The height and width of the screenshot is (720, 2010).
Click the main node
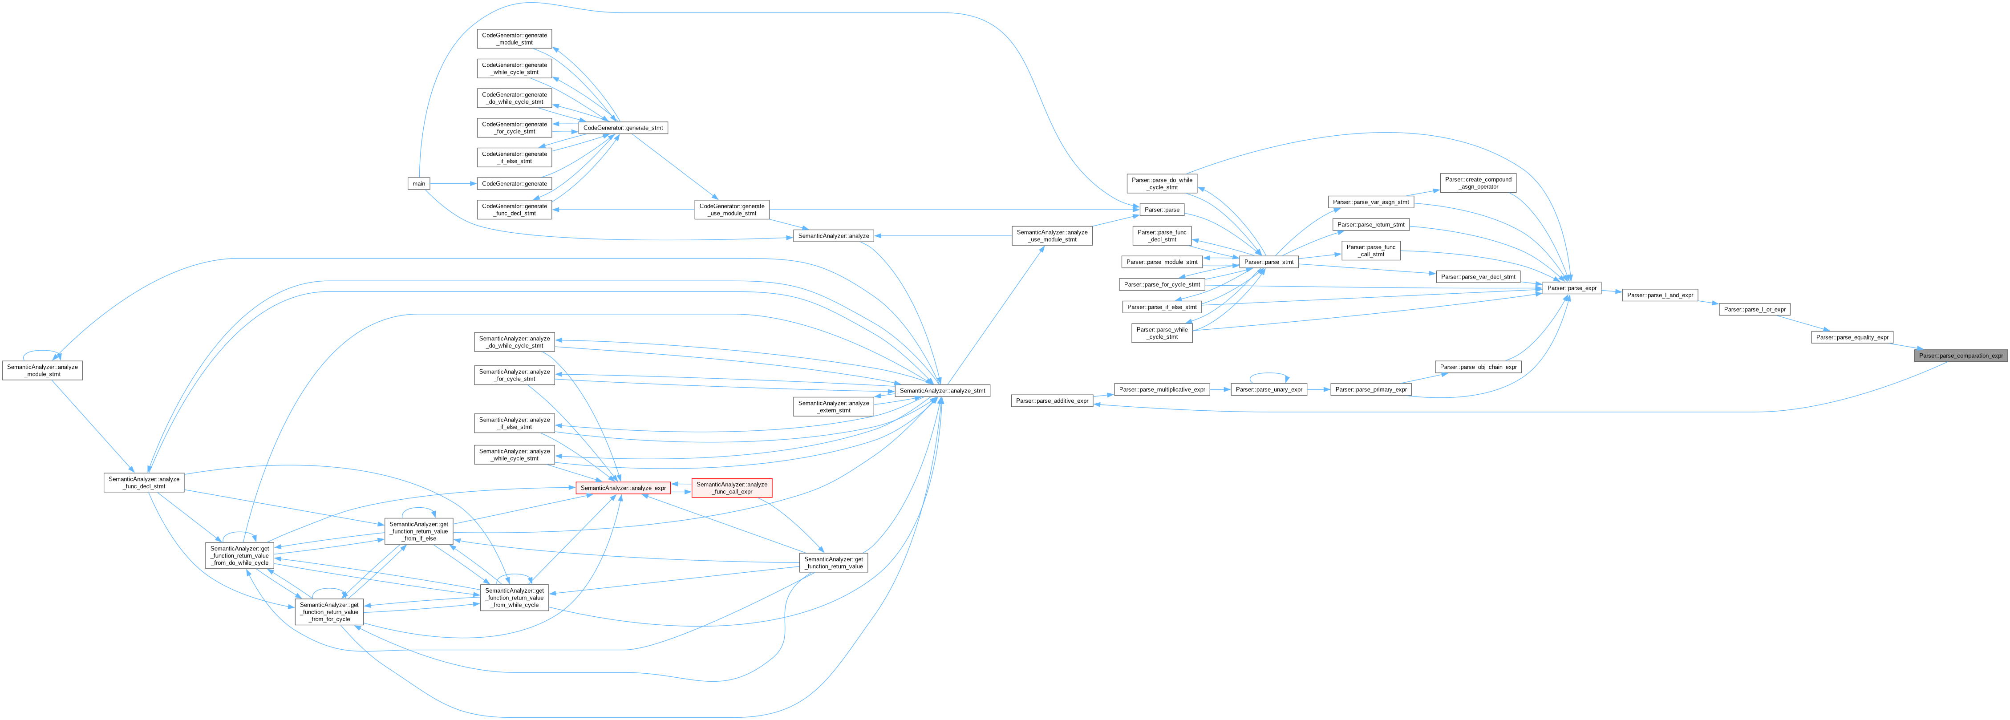pos(419,183)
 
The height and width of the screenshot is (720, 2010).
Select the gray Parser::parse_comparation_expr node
pos(1960,356)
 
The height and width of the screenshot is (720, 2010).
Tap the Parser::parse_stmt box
pos(1269,262)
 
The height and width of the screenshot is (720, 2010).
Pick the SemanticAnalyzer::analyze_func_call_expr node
pos(731,488)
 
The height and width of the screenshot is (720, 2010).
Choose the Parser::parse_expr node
pos(1572,288)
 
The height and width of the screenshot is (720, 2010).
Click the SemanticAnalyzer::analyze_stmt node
pos(942,390)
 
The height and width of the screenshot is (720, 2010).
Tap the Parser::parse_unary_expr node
pos(1269,389)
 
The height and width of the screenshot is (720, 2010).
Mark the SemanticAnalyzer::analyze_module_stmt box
pos(42,370)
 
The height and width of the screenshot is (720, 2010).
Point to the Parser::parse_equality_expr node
pos(1852,337)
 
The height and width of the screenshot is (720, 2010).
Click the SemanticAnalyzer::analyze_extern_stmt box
pos(833,406)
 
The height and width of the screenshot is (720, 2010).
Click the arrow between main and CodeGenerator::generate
pos(453,183)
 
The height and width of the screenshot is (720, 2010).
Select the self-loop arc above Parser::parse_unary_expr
pos(1269,374)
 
